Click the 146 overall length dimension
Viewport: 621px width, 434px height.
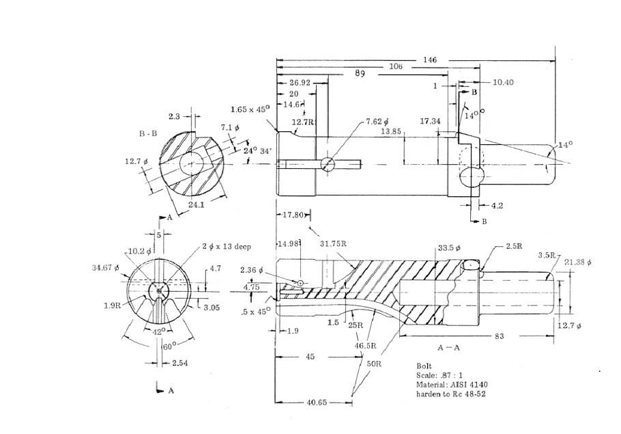pyautogui.click(x=430, y=60)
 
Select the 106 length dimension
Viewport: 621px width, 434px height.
pyautogui.click(x=396, y=67)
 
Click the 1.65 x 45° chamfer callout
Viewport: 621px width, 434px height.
pyautogui.click(x=250, y=109)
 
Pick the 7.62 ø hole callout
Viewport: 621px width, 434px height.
pyautogui.click(x=376, y=121)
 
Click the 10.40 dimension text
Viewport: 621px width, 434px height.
pyautogui.click(x=503, y=82)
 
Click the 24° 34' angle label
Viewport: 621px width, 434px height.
pyautogui.click(x=254, y=150)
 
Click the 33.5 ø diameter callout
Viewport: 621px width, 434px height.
pyautogui.click(x=449, y=247)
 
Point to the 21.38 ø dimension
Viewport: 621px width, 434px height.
pyautogui.click(x=578, y=262)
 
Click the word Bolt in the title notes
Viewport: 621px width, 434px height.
pyautogui.click(x=423, y=366)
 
